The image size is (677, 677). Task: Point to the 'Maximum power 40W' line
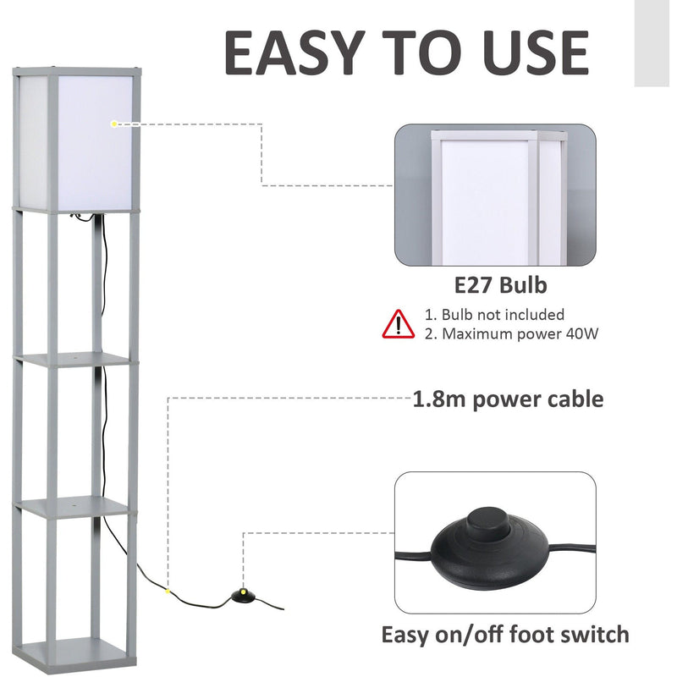coord(511,333)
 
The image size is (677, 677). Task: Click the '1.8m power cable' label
coord(508,399)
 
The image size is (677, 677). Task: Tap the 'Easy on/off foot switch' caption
coord(504,634)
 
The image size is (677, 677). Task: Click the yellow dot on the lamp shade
coord(114,124)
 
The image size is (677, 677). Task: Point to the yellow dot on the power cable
coord(168,591)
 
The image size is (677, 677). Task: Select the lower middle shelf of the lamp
coord(74,507)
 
